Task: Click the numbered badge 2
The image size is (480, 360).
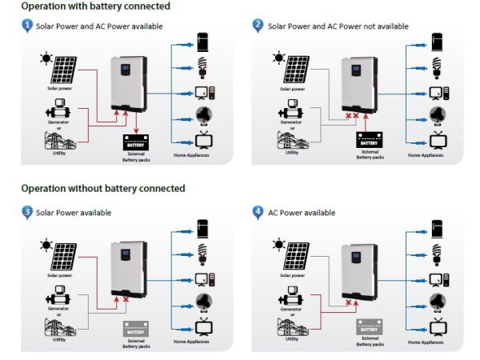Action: point(258,26)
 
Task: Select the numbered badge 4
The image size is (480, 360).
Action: point(258,212)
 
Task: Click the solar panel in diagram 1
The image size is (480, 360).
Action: point(63,70)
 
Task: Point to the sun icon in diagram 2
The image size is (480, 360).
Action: point(278,58)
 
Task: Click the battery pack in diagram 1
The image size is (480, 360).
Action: point(134,142)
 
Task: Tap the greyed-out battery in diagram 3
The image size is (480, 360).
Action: point(134,328)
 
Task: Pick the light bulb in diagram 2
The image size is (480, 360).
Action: point(437,68)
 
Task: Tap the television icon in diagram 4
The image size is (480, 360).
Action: point(437,327)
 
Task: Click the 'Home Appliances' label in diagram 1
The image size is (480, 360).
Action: point(192,153)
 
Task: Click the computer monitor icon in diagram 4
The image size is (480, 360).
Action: point(437,279)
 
